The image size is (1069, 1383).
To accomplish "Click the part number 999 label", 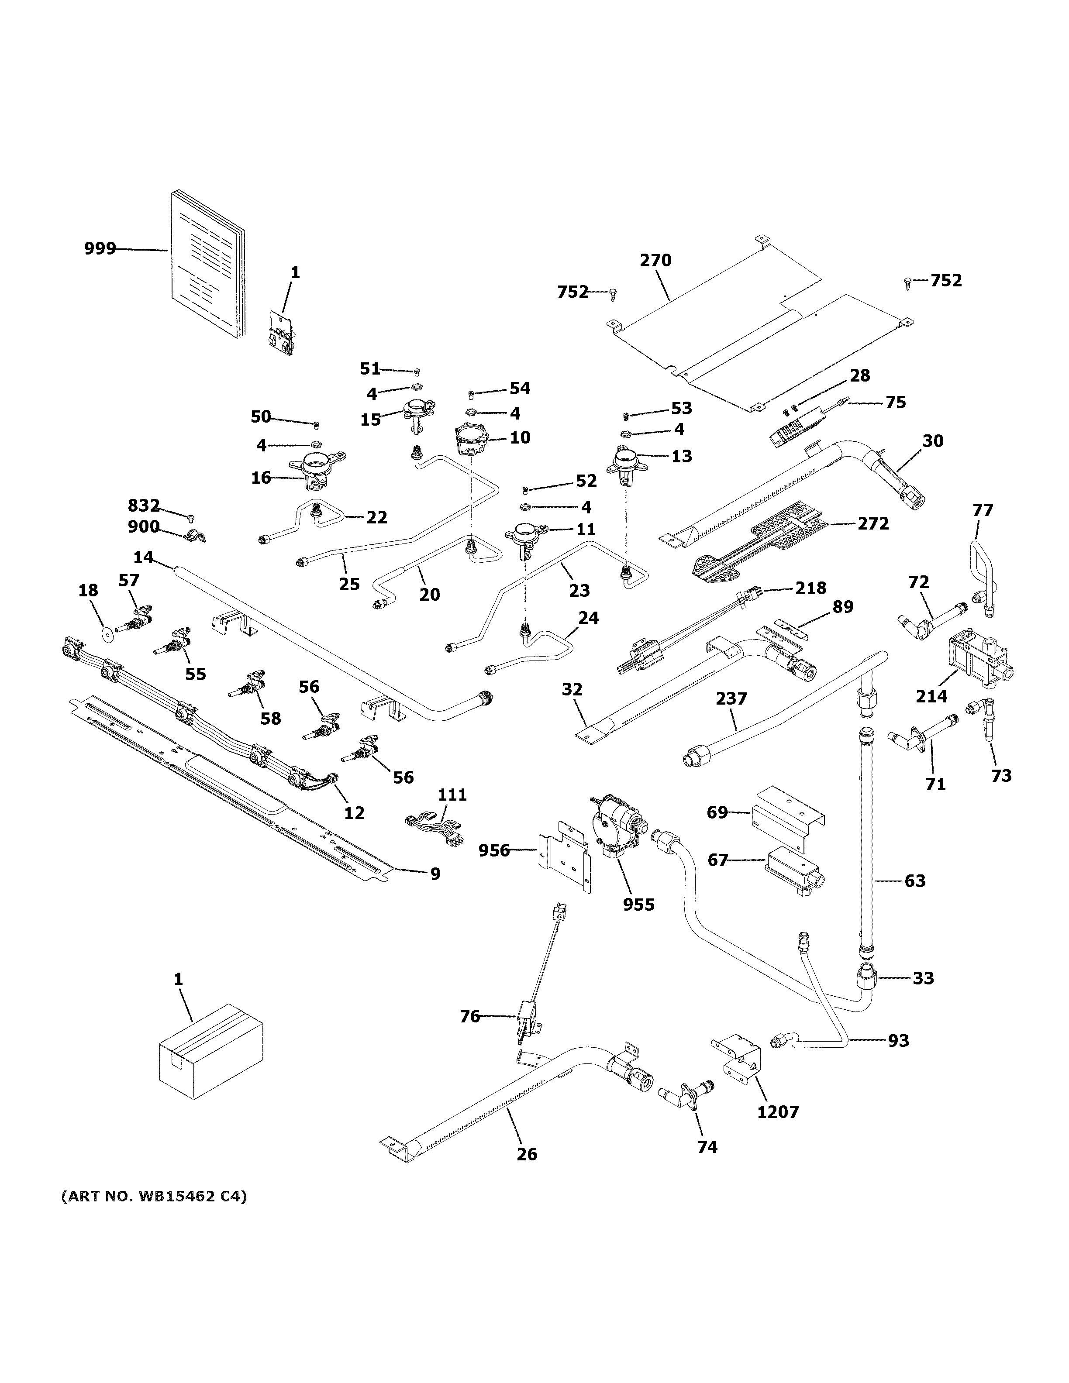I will click(100, 249).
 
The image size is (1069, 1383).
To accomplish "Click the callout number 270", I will click(655, 260).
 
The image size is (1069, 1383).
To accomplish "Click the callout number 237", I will click(731, 698).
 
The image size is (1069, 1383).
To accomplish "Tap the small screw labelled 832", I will click(191, 519).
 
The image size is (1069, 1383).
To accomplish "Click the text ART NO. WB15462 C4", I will click(154, 1196).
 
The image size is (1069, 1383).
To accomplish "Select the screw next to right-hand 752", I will click(908, 282).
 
